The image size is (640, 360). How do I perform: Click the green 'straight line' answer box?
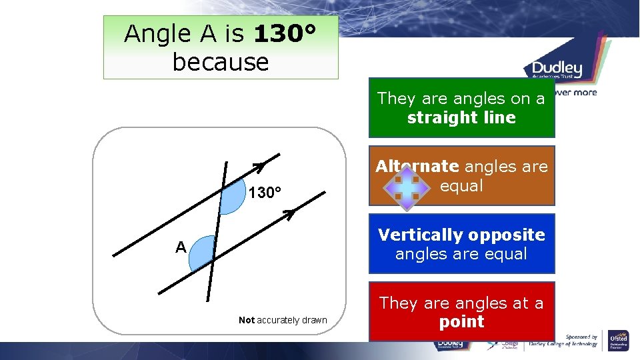[461, 108]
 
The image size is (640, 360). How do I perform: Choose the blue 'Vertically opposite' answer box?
[461, 244]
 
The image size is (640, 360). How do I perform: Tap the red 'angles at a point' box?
[461, 312]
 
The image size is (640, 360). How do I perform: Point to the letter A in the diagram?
[180, 248]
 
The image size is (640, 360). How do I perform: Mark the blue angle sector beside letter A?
[201, 255]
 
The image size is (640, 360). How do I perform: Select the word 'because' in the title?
[220, 62]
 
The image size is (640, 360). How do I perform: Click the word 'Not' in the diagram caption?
[247, 321]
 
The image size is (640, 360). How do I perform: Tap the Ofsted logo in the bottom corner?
[619, 342]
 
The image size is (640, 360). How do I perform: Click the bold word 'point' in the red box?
[461, 322]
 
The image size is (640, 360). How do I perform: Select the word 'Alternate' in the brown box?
[417, 167]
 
